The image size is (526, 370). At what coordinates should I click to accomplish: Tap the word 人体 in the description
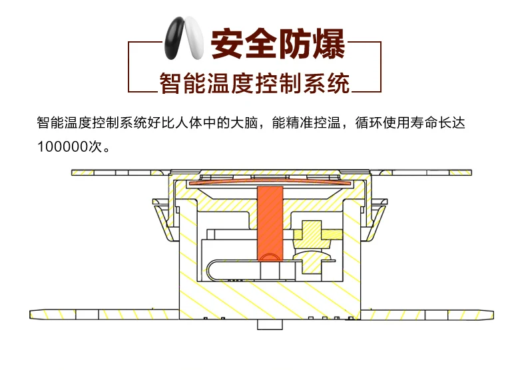[x=171, y=122]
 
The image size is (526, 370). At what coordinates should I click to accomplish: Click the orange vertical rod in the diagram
[x=270, y=223]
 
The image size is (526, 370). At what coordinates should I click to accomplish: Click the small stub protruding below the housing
[x=268, y=325]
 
